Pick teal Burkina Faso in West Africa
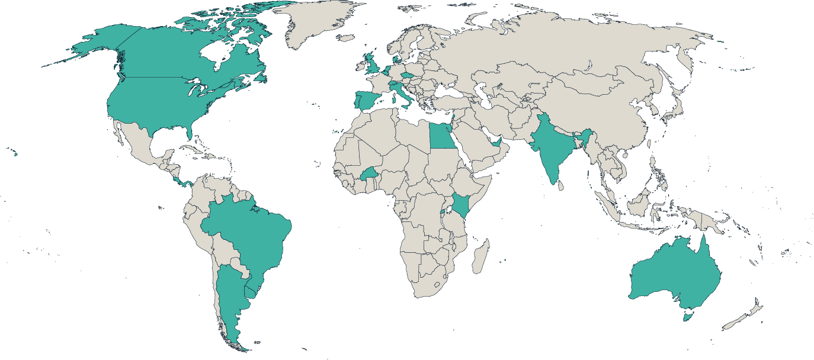click(369, 175)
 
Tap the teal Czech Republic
click(405, 76)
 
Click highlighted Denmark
click(394, 59)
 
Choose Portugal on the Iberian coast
click(357, 101)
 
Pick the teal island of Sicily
click(406, 105)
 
